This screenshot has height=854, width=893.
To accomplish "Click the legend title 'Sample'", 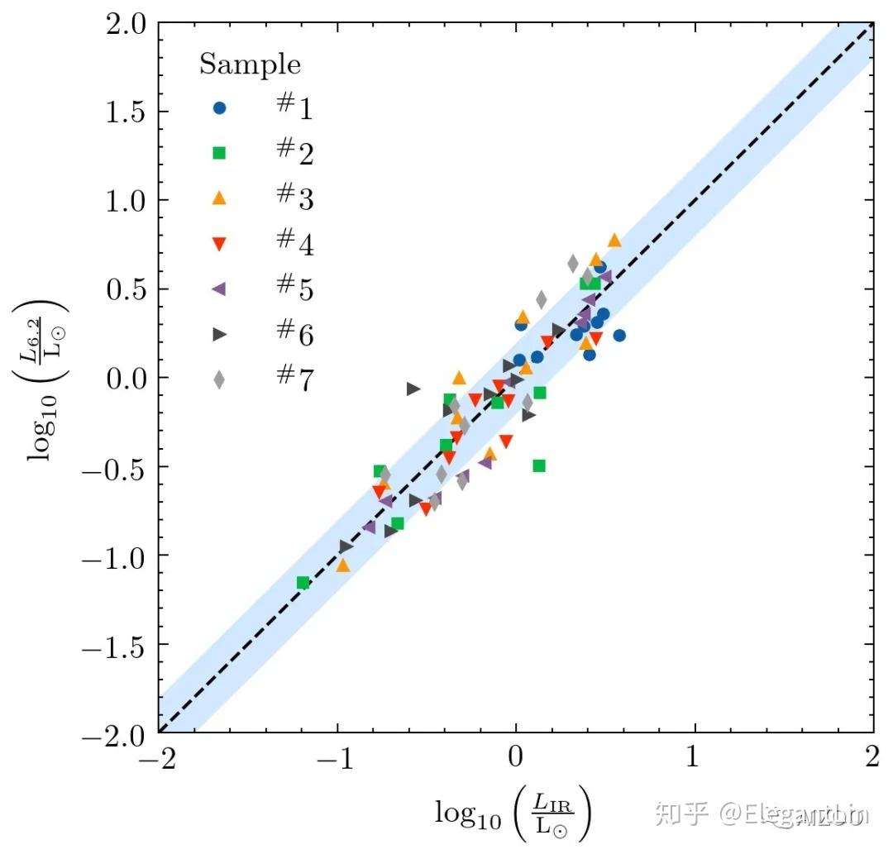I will tap(250, 64).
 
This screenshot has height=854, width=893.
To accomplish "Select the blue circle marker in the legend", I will tap(219, 108).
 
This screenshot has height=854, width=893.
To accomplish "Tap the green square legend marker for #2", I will tap(219, 153).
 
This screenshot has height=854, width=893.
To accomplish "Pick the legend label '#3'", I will tap(294, 198).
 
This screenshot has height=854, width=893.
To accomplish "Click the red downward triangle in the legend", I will tap(219, 244).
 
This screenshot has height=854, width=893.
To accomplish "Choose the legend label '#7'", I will tap(294, 379).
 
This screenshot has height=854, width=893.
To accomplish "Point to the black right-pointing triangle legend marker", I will tap(219, 334).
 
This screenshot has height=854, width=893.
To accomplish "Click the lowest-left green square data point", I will tap(303, 583).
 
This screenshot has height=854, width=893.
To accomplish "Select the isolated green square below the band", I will tap(539, 465).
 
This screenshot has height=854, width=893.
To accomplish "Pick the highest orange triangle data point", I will tap(614, 241).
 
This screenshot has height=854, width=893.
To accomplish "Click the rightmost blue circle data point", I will tap(619, 336).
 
